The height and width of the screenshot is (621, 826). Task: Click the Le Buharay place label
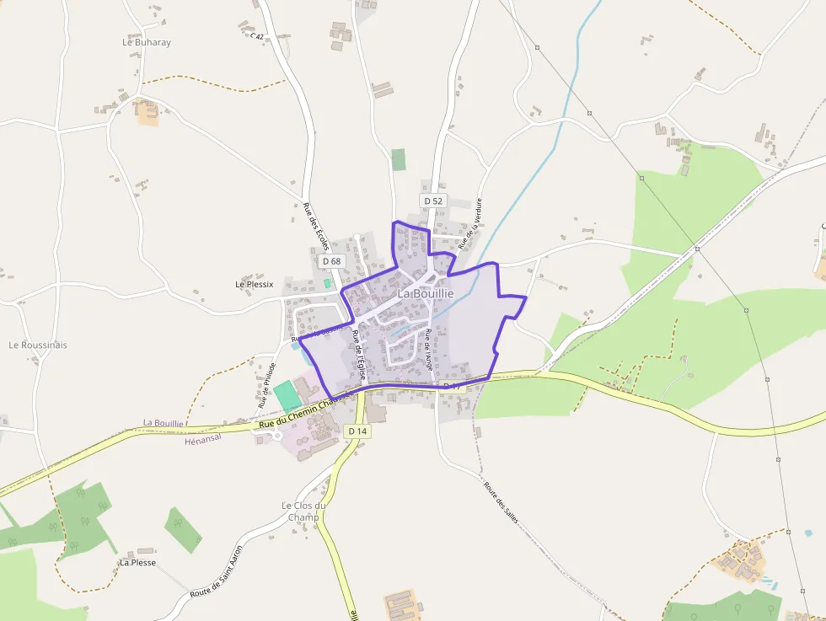click(147, 42)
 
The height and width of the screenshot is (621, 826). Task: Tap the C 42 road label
click(257, 36)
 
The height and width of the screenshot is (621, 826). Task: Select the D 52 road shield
click(433, 201)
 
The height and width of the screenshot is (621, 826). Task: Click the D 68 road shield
click(332, 261)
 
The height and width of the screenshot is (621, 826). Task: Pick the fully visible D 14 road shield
click(358, 431)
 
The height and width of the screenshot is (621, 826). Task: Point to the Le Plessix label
click(255, 285)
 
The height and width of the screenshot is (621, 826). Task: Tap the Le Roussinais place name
click(38, 345)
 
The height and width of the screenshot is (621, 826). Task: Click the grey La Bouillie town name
click(426, 293)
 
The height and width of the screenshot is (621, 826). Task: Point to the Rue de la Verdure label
click(470, 224)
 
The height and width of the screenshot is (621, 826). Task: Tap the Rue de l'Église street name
click(359, 355)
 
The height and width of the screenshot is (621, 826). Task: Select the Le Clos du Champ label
click(303, 511)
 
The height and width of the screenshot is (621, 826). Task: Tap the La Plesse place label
click(137, 562)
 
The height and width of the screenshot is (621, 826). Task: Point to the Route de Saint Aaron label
click(217, 576)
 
